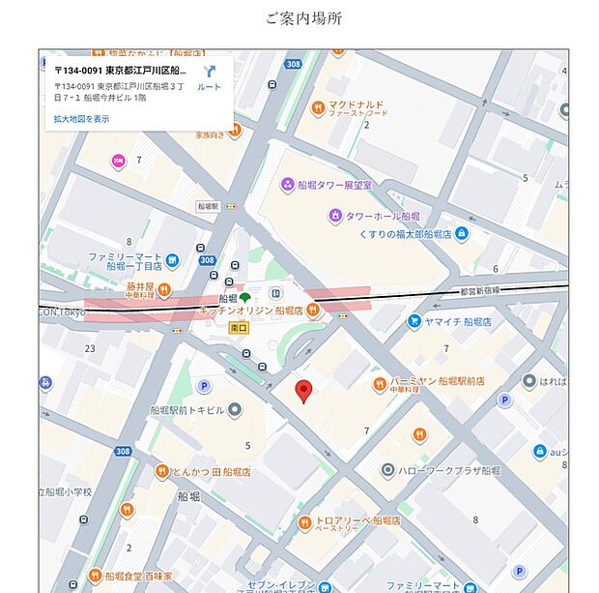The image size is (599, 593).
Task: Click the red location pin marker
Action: click(x=303, y=392)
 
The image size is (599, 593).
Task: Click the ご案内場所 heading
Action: click(x=302, y=18)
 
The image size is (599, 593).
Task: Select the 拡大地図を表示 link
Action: click(x=81, y=119)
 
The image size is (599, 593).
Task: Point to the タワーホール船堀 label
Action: click(x=384, y=216)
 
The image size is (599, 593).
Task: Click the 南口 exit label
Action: click(x=238, y=328)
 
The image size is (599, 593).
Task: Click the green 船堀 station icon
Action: click(x=245, y=297)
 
